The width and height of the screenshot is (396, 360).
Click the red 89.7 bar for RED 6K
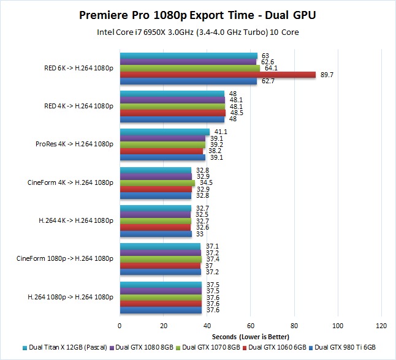coord(218,75)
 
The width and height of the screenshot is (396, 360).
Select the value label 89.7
coord(327,75)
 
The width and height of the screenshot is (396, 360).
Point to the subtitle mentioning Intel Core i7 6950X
coord(197,32)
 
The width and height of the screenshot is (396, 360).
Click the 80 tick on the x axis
coord(294,326)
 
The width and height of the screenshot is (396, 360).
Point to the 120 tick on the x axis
coord(381,326)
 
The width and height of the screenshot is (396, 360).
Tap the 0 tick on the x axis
coord(120,326)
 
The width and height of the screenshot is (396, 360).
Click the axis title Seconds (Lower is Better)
coord(251,337)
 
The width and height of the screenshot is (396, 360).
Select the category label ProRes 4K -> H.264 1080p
coord(75,144)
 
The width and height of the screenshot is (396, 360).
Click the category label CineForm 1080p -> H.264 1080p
coord(65,259)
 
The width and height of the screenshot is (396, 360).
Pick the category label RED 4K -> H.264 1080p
coord(78,106)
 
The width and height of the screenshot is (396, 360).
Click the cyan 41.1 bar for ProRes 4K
coord(164,132)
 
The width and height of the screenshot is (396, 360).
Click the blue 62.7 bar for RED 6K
coord(188,81)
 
